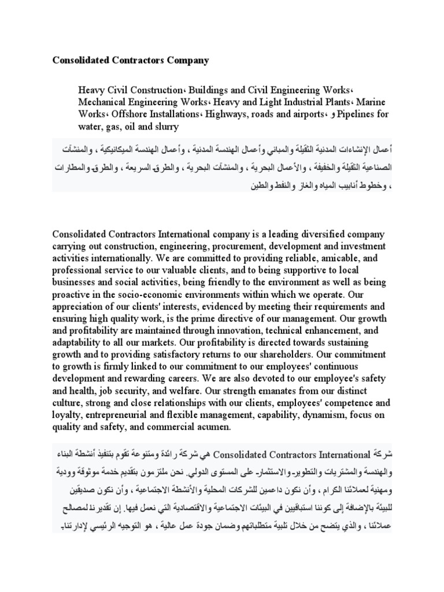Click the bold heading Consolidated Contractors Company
(x=131, y=60)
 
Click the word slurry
(x=165, y=126)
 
